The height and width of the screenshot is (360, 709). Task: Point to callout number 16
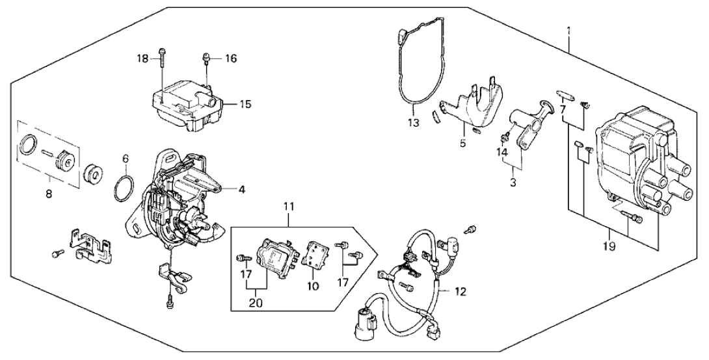point(231,58)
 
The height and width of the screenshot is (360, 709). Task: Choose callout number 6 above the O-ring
point(126,158)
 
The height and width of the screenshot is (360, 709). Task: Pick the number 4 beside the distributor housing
point(241,190)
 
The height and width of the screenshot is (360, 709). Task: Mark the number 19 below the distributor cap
point(610,246)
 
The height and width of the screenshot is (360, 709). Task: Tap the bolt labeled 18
point(161,68)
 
